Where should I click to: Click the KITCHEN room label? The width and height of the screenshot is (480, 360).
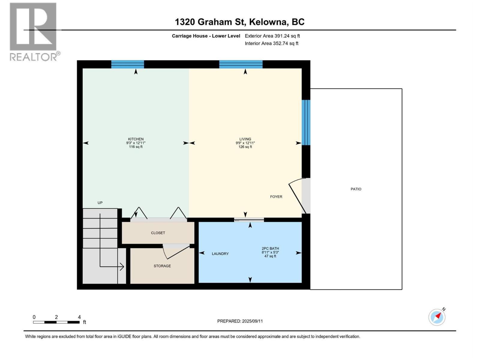tap(136, 139)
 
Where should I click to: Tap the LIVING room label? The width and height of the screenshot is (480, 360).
tap(245, 139)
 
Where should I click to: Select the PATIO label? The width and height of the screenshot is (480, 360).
tap(356, 189)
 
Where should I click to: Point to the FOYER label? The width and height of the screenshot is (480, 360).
tap(276, 197)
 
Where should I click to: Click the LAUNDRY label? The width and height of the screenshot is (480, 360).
tap(220, 254)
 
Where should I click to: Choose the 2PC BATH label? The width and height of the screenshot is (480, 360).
tap(270, 248)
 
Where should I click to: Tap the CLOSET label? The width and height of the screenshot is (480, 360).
tap(158, 233)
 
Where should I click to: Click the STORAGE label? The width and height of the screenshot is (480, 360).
tap(162, 266)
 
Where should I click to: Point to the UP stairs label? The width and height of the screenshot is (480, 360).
tap(100, 203)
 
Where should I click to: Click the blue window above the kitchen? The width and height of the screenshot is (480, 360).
tap(127, 64)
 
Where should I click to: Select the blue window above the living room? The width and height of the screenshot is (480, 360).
tap(241, 64)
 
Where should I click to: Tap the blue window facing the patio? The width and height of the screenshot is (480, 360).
tap(306, 122)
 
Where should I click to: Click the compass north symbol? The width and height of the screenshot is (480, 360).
tap(437, 317)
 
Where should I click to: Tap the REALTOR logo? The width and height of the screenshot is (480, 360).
tap(33, 31)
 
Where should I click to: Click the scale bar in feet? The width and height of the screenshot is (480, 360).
tap(56, 322)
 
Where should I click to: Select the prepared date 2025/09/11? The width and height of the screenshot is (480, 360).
tap(240, 321)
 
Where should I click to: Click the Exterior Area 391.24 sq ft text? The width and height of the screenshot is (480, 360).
tap(272, 36)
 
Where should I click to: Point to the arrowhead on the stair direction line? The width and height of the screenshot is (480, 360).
tap(122, 266)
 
